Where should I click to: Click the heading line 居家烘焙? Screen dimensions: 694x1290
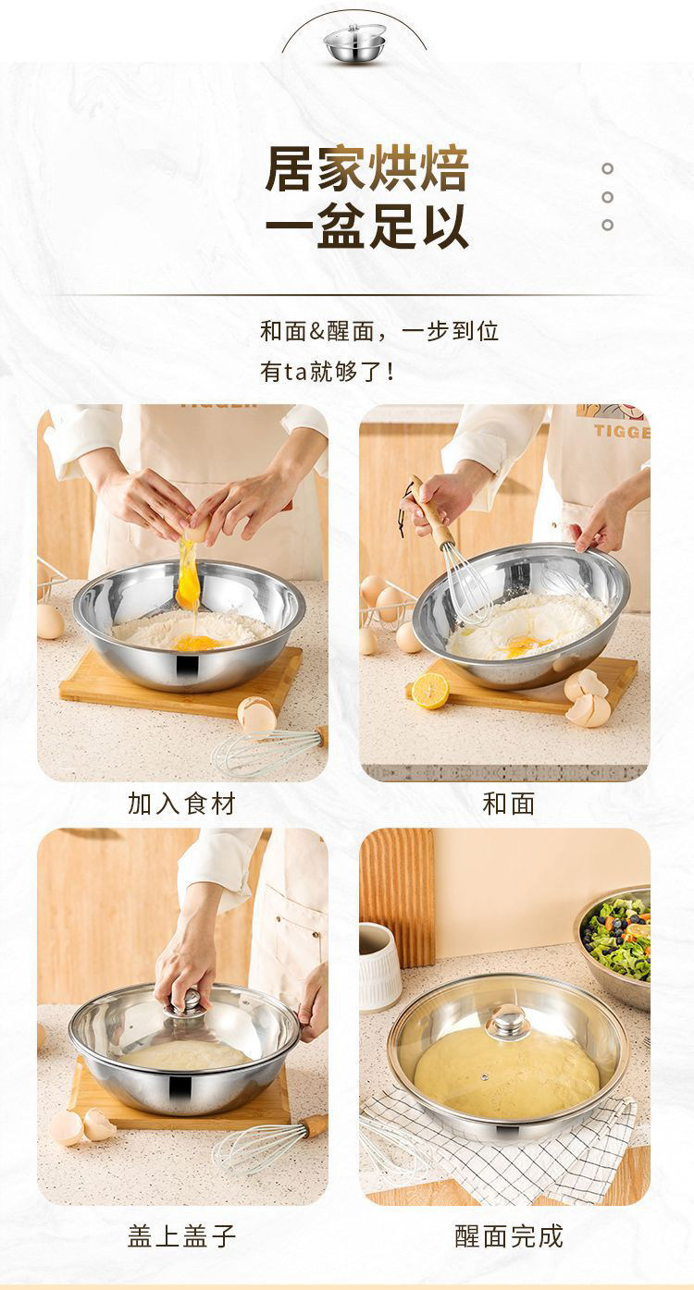(367, 169)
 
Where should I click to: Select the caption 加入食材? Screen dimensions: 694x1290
(181, 804)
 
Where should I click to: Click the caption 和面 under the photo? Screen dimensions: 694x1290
(509, 804)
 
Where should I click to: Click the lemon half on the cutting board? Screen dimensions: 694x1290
(430, 690)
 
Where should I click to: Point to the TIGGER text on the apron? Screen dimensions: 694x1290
(622, 432)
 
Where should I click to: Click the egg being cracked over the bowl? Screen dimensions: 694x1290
(196, 528)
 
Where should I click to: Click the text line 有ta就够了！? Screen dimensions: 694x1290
(328, 373)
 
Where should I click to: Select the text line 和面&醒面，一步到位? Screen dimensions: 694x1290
(379, 331)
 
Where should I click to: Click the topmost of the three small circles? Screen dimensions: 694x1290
(607, 168)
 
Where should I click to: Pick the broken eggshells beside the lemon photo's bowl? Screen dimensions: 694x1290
(588, 697)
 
